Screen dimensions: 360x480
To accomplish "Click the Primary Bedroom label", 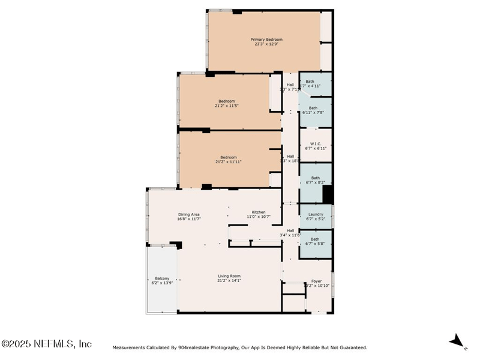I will click(x=266, y=40).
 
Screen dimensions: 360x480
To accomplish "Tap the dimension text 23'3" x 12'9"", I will click(x=266, y=44).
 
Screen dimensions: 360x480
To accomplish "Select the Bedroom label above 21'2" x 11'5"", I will click(x=227, y=101).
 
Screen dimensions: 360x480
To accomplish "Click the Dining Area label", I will click(x=188, y=214).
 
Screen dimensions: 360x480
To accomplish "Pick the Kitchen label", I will click(x=258, y=212).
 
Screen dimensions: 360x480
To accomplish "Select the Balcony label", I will click(x=162, y=278).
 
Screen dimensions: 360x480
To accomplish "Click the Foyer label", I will click(x=316, y=281).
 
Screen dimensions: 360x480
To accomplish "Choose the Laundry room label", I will click(x=316, y=214).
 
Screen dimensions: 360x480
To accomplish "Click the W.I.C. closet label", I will click(x=316, y=143).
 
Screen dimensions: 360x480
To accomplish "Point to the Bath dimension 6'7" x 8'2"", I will click(x=315, y=182).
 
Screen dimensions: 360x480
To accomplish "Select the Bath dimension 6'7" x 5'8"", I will click(x=315, y=244).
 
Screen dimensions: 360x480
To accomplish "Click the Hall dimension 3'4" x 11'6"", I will click(x=290, y=235).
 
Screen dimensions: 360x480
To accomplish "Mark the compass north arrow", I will click(x=457, y=341).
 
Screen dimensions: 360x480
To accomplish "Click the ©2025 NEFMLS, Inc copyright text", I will click(x=47, y=344).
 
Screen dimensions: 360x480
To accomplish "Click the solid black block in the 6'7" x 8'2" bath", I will click(x=328, y=194).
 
